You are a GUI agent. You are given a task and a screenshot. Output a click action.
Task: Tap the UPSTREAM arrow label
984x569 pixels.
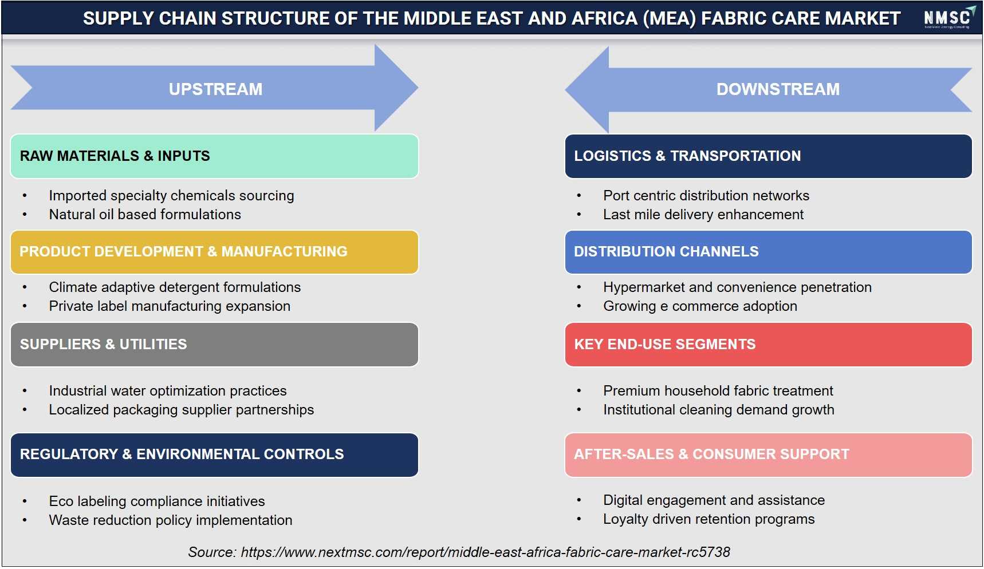(215, 89)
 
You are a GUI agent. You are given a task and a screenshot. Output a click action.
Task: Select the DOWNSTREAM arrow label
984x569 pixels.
(778, 89)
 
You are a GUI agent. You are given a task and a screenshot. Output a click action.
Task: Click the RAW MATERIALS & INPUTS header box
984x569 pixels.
(214, 156)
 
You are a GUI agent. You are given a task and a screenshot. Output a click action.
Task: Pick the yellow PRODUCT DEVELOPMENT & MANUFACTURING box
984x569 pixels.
(214, 252)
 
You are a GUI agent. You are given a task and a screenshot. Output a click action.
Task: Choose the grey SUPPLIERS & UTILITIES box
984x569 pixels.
(214, 345)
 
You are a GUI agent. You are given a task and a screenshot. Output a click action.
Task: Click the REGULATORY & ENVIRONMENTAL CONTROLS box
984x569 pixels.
(214, 455)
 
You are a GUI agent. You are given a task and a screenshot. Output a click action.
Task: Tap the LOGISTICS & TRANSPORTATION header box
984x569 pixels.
(769, 156)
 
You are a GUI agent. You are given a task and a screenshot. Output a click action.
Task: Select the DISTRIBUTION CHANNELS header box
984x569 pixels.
(769, 252)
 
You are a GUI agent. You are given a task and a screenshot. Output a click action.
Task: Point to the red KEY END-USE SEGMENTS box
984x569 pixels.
(769, 345)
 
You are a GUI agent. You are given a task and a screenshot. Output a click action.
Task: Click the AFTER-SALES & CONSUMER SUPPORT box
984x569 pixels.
(769, 455)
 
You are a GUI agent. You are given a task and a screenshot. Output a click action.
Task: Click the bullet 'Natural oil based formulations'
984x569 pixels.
(145, 215)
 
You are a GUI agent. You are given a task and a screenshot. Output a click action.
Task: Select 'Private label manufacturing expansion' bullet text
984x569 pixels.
(170, 306)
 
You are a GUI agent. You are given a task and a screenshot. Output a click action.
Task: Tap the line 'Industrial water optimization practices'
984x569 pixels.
(168, 391)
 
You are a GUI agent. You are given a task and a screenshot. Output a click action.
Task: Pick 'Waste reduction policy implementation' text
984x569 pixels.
(171, 520)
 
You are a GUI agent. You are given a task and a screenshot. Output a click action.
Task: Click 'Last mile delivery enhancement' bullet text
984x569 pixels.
(703, 215)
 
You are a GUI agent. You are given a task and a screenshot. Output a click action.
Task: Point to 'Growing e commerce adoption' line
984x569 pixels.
(700, 306)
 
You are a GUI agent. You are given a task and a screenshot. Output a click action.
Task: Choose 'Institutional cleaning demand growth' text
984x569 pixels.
(719, 410)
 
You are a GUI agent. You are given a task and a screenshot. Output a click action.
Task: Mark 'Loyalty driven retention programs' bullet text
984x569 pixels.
(709, 519)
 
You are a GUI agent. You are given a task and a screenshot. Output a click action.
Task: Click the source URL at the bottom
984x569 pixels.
(486, 552)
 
